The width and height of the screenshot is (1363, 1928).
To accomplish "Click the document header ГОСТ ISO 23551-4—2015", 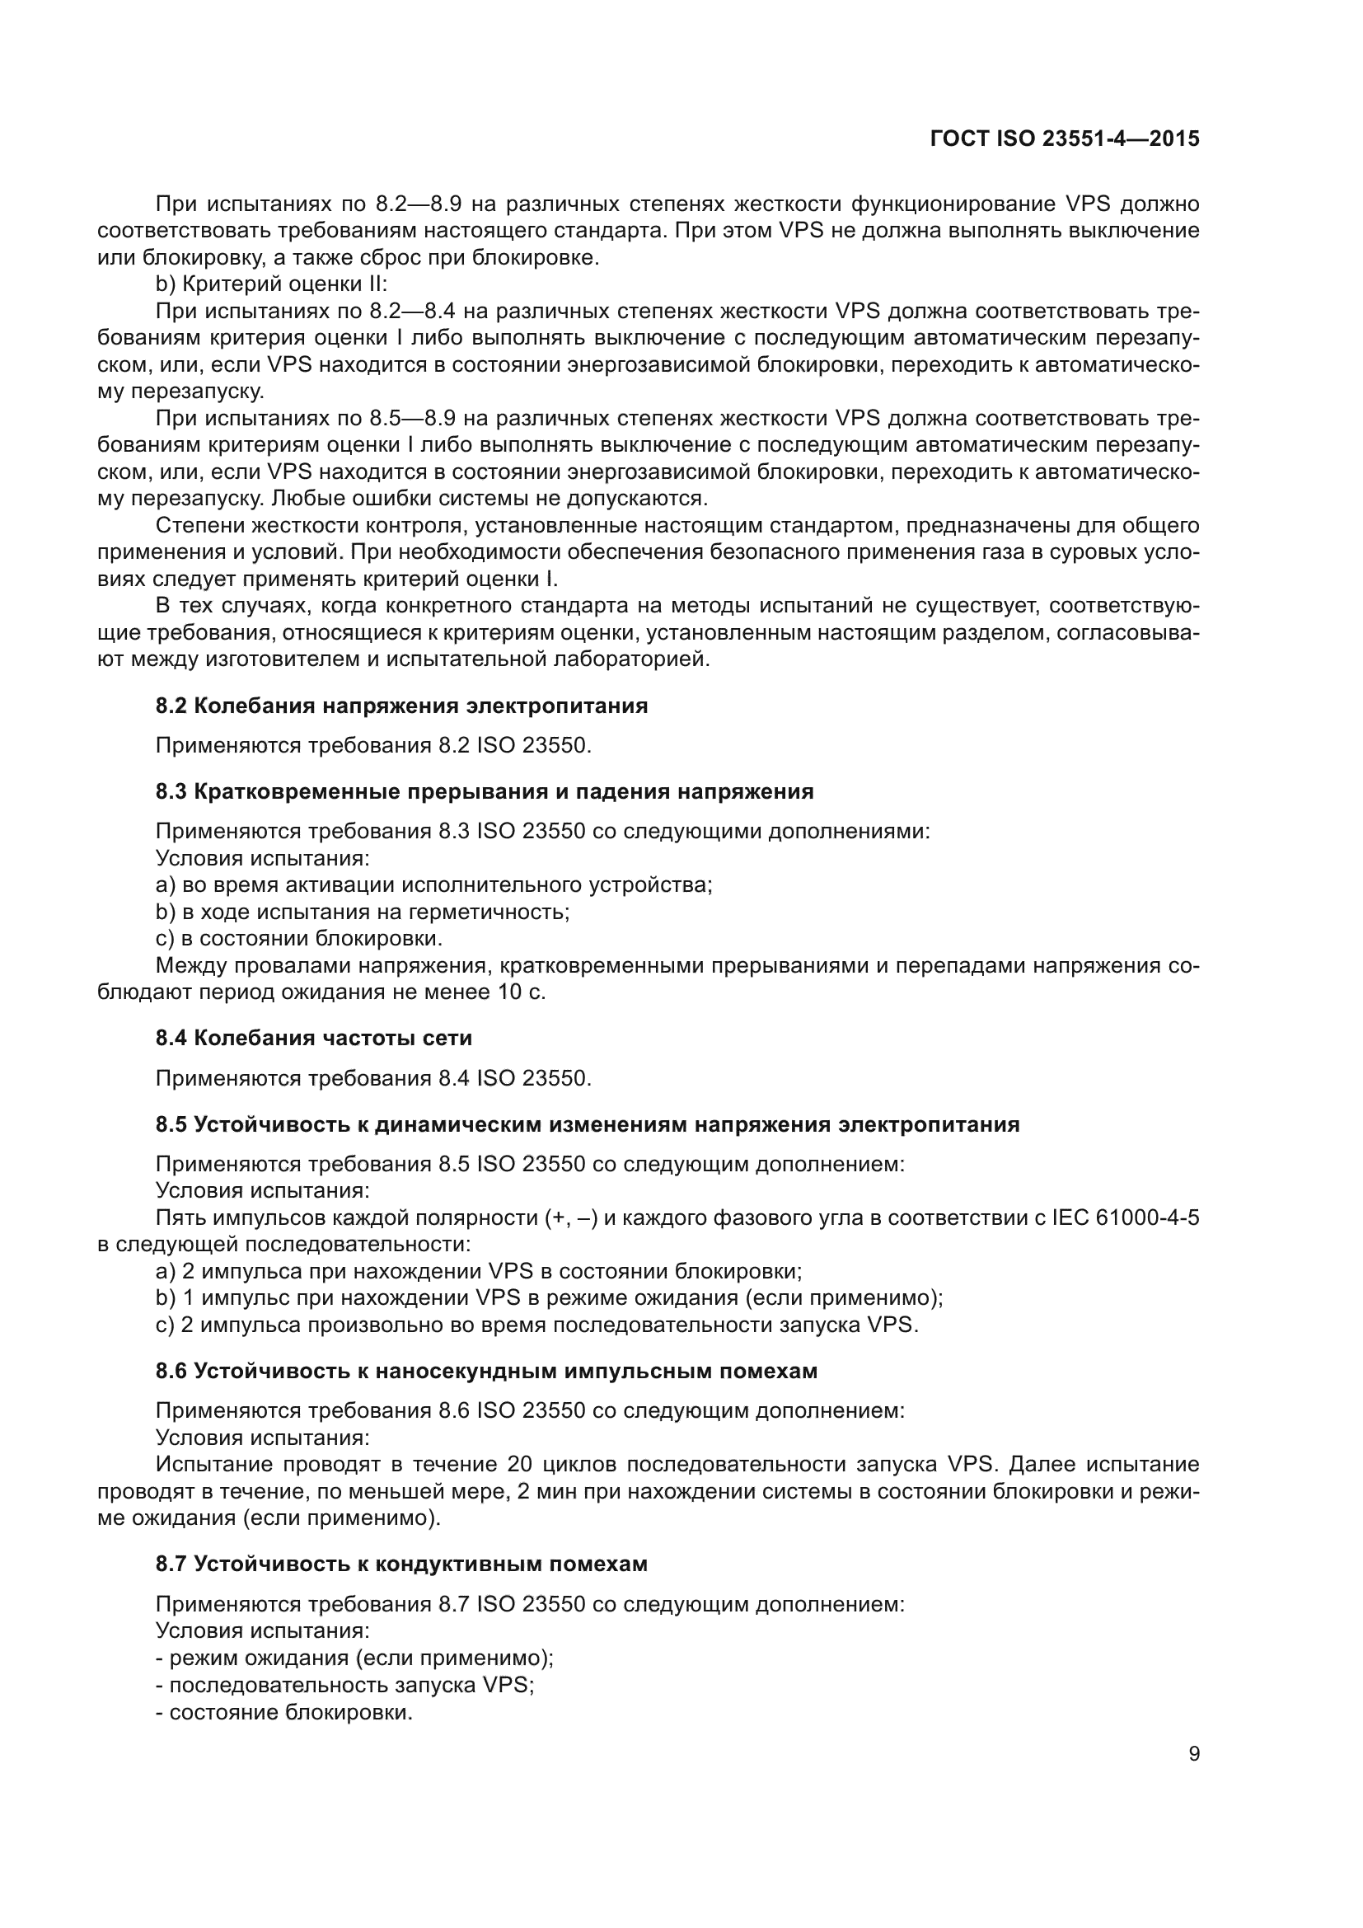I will (1064, 138).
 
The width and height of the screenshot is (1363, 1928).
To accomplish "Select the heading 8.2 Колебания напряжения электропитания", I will (401, 706).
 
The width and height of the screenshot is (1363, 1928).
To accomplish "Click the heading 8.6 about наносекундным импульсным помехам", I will (486, 1371).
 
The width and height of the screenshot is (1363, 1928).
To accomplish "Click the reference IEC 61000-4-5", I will (1125, 1217).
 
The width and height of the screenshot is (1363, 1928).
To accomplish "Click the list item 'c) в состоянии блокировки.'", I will (299, 938).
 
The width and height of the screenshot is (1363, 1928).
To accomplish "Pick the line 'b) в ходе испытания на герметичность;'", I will (363, 911).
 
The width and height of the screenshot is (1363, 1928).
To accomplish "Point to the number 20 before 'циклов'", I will (520, 1465).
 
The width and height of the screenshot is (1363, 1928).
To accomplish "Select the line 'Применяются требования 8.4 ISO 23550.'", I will (373, 1077).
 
